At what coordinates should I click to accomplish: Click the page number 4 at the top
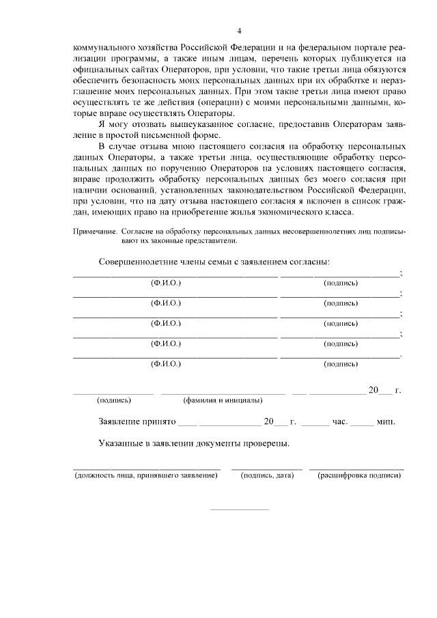pyautogui.click(x=239, y=31)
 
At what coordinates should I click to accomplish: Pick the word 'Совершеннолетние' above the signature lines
pyautogui.click(x=139, y=262)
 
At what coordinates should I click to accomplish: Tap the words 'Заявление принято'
pyautogui.click(x=138, y=422)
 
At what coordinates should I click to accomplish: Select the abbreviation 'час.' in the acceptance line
pyautogui.click(x=340, y=422)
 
